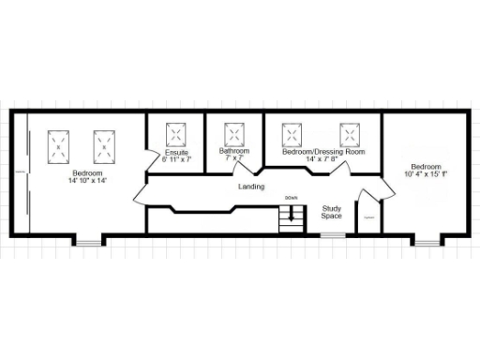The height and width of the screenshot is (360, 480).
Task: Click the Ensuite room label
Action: (177, 152)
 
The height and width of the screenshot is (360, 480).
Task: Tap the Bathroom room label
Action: (234, 151)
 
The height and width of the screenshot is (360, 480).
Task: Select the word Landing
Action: (251, 187)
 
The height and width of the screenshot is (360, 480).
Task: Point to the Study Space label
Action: (331, 212)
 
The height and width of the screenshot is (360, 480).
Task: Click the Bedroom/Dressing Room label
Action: (323, 151)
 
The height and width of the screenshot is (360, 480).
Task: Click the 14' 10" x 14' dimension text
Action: (87, 180)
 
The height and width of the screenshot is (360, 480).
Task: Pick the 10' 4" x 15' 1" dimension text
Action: (426, 173)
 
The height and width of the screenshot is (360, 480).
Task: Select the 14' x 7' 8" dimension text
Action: (323, 159)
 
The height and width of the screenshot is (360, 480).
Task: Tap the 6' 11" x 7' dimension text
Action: (177, 159)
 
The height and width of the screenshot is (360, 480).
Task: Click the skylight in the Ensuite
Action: (177, 133)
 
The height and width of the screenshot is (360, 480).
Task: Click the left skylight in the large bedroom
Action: (59, 146)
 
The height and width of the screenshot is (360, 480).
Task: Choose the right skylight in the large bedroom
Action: (103, 146)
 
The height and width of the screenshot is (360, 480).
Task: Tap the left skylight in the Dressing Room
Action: (292, 133)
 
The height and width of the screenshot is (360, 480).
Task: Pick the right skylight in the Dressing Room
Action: (351, 133)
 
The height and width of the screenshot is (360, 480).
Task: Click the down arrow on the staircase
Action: (292, 215)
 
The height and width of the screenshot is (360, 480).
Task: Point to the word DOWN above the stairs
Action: (292, 199)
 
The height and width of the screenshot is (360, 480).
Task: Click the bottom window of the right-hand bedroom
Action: (427, 242)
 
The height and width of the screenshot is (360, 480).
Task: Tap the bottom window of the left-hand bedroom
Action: (87, 242)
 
